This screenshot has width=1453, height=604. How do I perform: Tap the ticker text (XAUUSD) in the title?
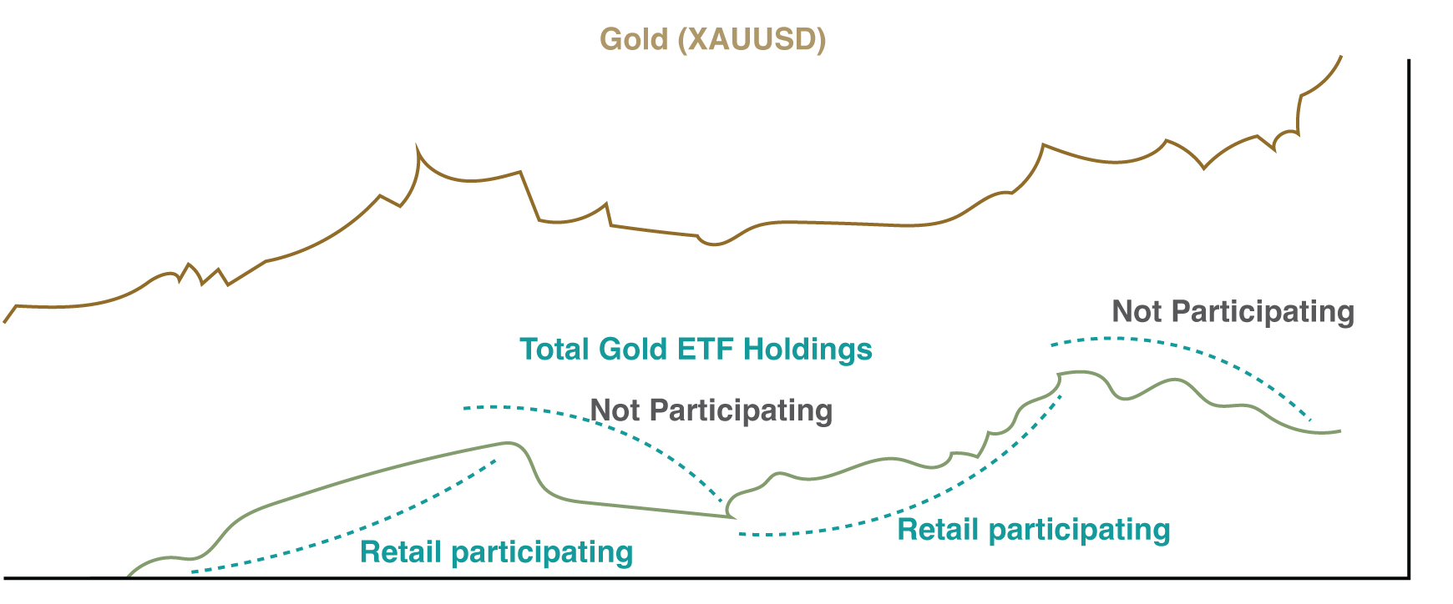point(752,40)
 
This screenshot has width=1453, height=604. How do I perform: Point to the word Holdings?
point(808,350)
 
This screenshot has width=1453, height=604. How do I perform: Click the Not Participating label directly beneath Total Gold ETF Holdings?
point(711,410)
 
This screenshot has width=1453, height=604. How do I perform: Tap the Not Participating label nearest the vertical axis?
point(1233,311)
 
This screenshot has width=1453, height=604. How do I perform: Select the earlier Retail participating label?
point(496,552)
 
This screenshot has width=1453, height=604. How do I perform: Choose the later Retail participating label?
point(1033,530)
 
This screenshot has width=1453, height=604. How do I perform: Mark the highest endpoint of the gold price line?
point(1341,56)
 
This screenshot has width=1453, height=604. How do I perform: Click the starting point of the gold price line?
point(4,322)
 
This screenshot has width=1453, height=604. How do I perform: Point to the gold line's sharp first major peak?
point(417,145)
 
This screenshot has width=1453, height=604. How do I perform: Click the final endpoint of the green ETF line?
point(1340,430)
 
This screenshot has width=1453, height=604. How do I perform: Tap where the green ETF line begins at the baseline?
point(127,576)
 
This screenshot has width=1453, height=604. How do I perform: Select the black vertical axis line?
point(1409,318)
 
